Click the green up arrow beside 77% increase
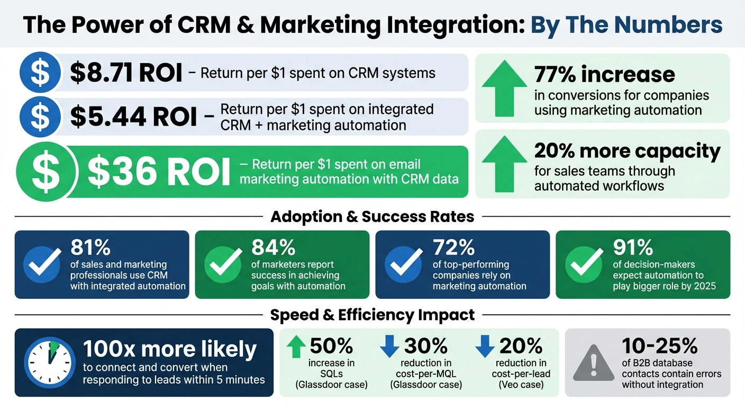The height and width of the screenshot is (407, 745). click(503, 88)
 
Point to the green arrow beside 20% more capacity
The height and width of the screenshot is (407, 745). click(503, 164)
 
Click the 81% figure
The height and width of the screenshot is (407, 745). click(90, 247)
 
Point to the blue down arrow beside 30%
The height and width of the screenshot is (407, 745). click(389, 346)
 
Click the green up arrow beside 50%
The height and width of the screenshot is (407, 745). click(296, 346)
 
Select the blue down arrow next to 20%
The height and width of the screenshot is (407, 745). click(485, 346)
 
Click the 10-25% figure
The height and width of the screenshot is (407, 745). click(660, 346)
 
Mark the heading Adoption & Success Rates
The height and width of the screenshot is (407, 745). click(372, 217)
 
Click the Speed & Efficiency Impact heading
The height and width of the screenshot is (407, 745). click(372, 315)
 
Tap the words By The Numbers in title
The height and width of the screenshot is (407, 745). click(626, 24)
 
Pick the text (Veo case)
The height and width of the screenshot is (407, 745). click(521, 385)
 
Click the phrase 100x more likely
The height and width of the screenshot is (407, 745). click(170, 349)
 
